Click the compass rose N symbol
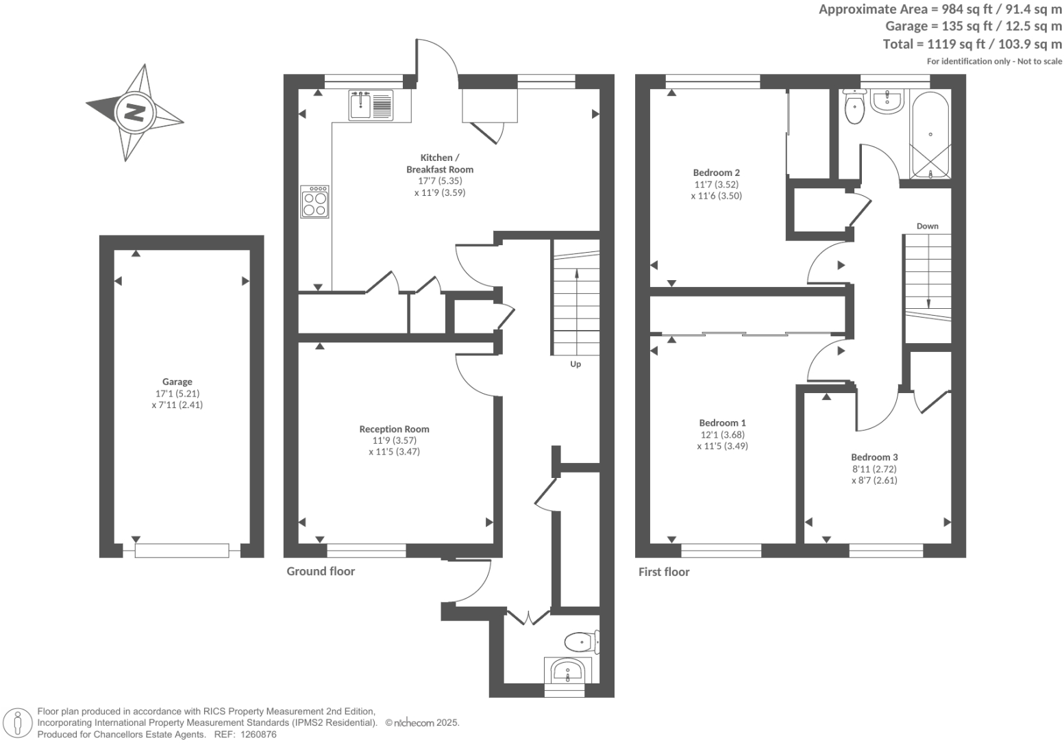[x=134, y=113]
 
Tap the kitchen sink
[x=370, y=105]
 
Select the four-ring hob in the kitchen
[x=314, y=202]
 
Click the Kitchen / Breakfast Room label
[x=439, y=164]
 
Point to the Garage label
[x=177, y=382]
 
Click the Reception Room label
[x=394, y=429]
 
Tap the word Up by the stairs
[x=576, y=364]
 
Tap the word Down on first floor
[x=927, y=226]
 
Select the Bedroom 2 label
[x=716, y=173]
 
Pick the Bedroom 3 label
[x=874, y=457]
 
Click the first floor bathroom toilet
[x=854, y=108]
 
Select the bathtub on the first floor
[x=930, y=136]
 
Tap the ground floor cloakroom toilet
[x=580, y=642]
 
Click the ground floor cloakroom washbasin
[x=567, y=670]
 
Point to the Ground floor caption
[x=321, y=571]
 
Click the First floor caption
[x=663, y=572]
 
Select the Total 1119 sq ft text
[x=972, y=44]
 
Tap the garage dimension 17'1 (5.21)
[x=177, y=394]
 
